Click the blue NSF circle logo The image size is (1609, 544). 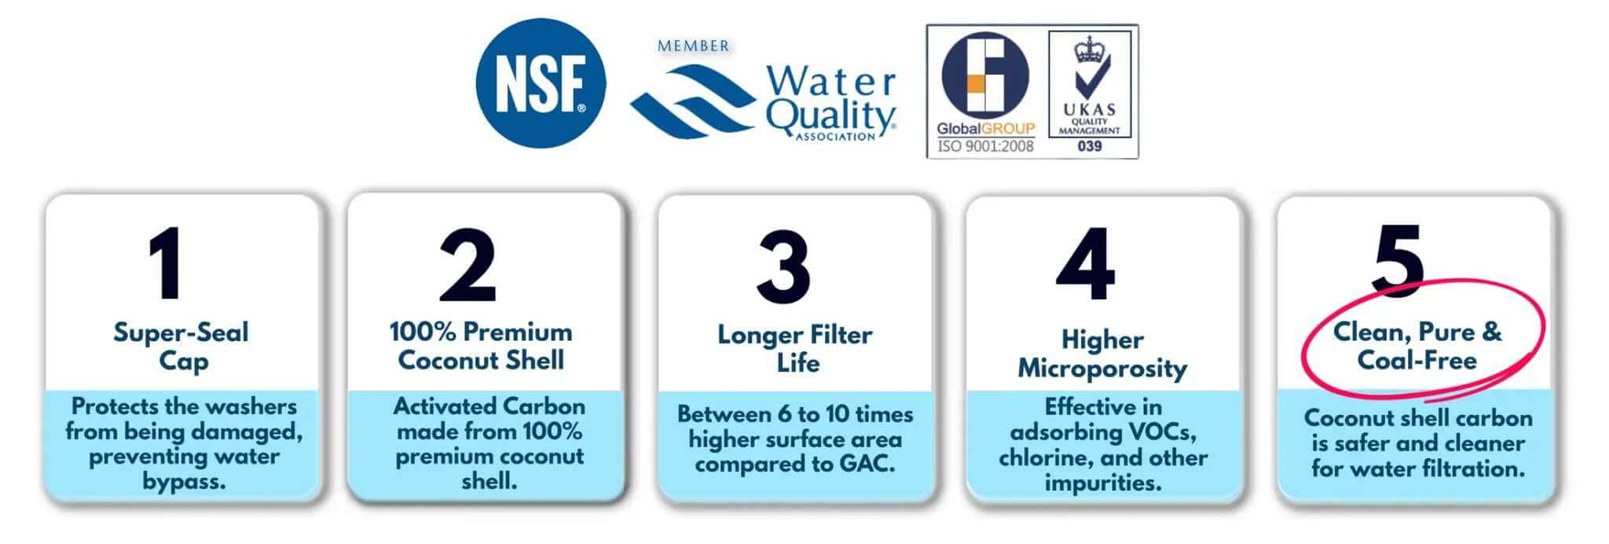point(541,83)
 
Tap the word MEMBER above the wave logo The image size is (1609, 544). point(693,46)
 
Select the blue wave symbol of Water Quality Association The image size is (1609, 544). point(691,102)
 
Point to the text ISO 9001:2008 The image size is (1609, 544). point(985,145)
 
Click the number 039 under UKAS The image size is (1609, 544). point(1090,146)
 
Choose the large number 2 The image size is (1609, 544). point(467,265)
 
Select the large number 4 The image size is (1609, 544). point(1086,264)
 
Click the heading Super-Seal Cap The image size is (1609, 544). point(181,346)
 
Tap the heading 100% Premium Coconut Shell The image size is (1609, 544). point(481,346)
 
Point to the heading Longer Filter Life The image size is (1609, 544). point(795,348)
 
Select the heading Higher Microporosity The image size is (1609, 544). point(1102,354)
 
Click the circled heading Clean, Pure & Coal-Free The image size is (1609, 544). point(1417,346)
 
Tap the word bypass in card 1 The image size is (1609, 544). point(184,481)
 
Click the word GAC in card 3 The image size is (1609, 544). point(867,464)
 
